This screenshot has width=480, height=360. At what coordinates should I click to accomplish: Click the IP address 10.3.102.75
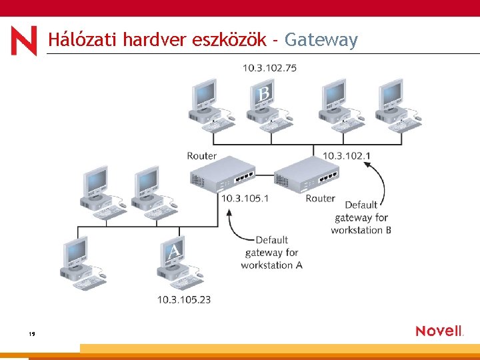pos(270,67)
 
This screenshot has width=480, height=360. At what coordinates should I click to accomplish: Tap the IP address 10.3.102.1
pos(347,155)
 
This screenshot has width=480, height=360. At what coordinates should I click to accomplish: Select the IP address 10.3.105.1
pos(245,198)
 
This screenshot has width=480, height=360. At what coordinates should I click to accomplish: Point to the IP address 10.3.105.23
pos(184,299)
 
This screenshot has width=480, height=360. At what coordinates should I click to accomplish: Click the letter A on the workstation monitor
pos(174,251)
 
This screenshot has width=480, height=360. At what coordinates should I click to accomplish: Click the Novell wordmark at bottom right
pos(439,331)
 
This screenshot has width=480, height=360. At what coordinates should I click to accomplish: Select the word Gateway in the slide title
pos(321,41)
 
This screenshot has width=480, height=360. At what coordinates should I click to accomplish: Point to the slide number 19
pos(31,333)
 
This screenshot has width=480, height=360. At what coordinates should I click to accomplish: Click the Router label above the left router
pos(202,156)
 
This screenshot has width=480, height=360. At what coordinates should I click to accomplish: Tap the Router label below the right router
pos(320,198)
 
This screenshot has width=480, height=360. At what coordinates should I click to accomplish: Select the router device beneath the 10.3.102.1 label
pos(308,175)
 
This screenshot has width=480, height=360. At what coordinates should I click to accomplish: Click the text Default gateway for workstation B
pos(361,217)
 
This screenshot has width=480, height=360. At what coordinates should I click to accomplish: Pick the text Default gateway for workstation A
pos(272,252)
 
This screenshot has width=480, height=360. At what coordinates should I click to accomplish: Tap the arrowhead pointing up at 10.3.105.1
pos(229,213)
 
